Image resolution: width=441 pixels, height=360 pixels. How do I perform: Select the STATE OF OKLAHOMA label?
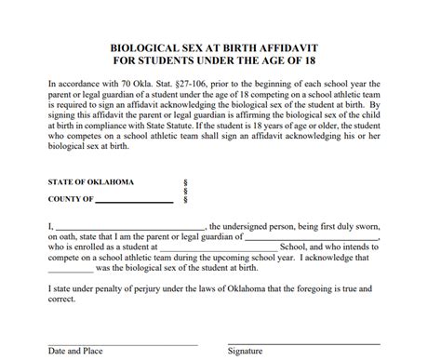90,181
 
